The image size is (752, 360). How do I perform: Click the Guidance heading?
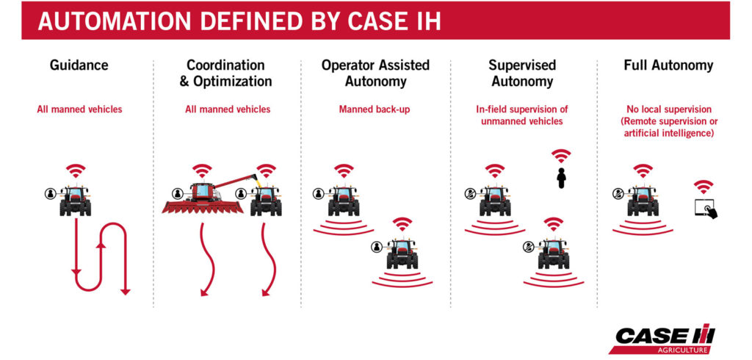click(79, 65)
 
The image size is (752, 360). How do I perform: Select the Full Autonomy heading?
click(668, 65)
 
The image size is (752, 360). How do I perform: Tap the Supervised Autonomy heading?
click(522, 73)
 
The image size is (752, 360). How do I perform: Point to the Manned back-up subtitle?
click(375, 109)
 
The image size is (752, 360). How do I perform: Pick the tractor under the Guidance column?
click(76, 200)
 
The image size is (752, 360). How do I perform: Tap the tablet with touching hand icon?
click(706, 209)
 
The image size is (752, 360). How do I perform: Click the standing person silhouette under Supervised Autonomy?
click(561, 179)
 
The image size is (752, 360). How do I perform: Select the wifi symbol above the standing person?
click(561, 156)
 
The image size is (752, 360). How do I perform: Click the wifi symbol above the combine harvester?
click(202, 171)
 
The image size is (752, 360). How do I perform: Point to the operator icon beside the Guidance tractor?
click(50, 193)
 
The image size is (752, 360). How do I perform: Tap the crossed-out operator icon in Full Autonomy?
click(618, 193)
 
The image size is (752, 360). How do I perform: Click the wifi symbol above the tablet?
click(703, 186)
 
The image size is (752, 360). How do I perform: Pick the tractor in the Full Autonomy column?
click(643, 200)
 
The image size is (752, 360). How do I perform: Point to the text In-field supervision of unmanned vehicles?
click(522, 115)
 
